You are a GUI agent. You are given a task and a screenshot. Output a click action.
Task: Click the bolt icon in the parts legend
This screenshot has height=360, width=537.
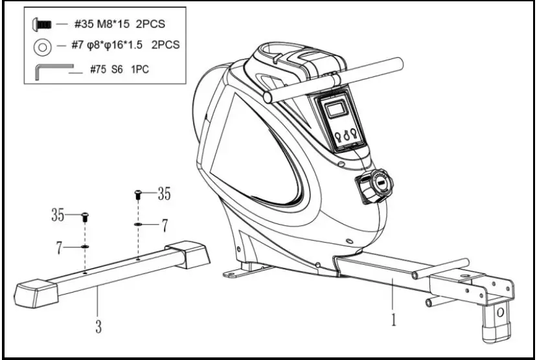[42, 24]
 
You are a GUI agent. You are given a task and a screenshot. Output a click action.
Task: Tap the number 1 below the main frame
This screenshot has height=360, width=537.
[393, 319]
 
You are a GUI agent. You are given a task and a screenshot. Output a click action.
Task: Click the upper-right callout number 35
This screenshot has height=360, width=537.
[164, 192]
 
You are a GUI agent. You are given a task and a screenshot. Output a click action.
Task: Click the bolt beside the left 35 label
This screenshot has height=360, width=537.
[85, 217]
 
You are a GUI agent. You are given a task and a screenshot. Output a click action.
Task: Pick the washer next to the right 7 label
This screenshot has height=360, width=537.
[138, 224]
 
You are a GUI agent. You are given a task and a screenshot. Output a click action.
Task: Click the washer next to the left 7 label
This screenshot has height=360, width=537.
[85, 246]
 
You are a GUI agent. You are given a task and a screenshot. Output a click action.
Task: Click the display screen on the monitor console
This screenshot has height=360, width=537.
[336, 109]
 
